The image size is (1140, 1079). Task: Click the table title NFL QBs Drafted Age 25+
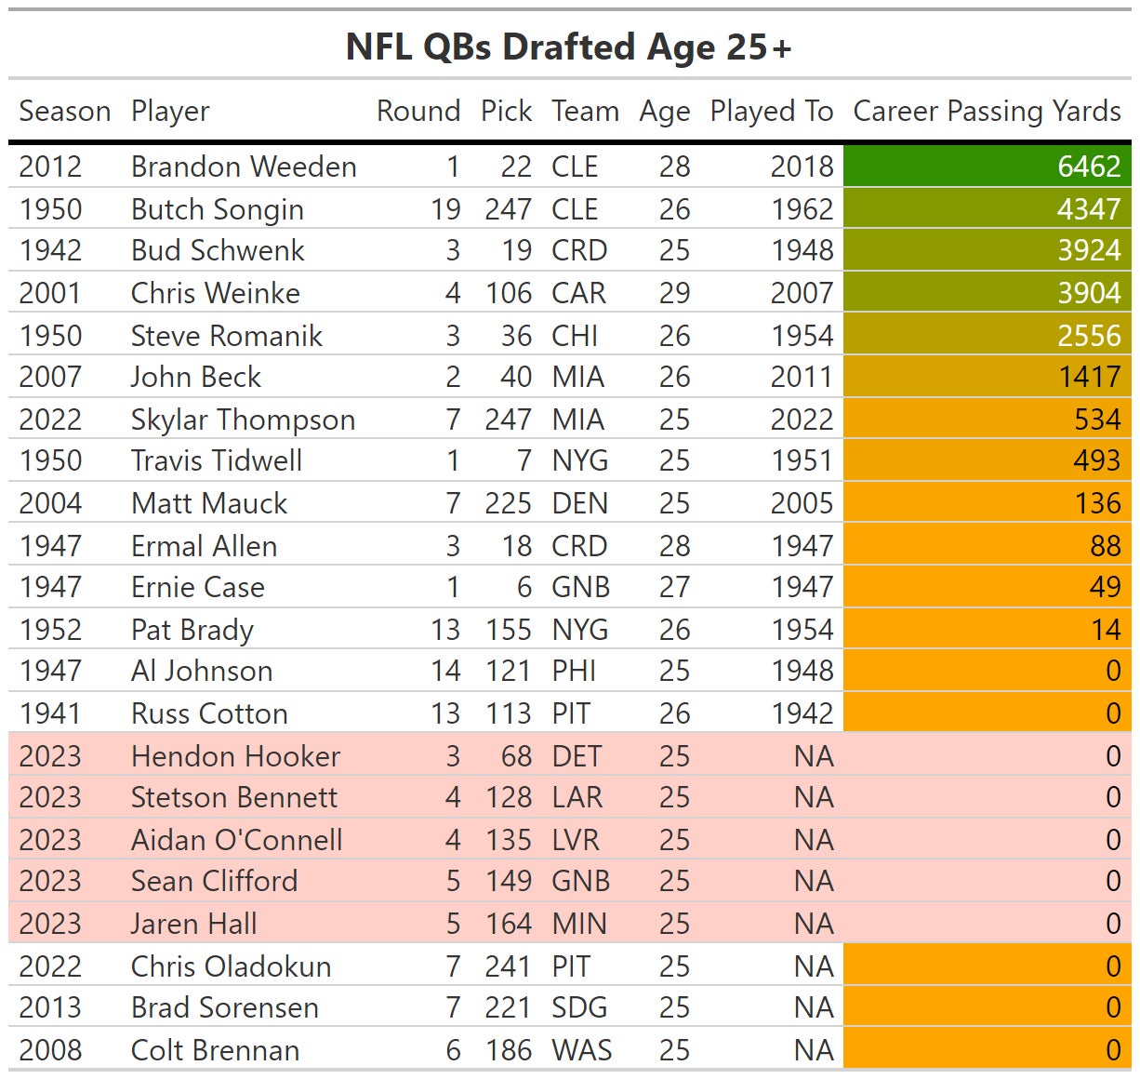[x=568, y=47]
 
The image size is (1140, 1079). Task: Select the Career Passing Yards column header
[x=987, y=112]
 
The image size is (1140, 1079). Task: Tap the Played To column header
[x=771, y=112]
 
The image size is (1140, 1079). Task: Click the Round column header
[x=418, y=112]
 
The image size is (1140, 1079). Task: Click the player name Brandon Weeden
[x=244, y=167]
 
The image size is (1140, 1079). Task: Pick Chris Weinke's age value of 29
[x=674, y=293]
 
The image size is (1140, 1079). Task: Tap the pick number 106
[x=508, y=293]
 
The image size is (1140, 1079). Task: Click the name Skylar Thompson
[x=243, y=420]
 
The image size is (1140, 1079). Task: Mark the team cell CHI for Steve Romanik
[x=575, y=336]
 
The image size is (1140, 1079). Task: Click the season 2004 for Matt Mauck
[x=50, y=503]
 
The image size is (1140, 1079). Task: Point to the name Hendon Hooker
[x=235, y=756]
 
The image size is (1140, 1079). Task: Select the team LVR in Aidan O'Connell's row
[x=576, y=840]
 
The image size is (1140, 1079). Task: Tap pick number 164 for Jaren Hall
[x=509, y=924]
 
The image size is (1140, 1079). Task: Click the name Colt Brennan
[x=215, y=1050]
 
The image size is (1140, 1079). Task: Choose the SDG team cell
[x=578, y=1007]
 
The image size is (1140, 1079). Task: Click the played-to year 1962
[x=802, y=209]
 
